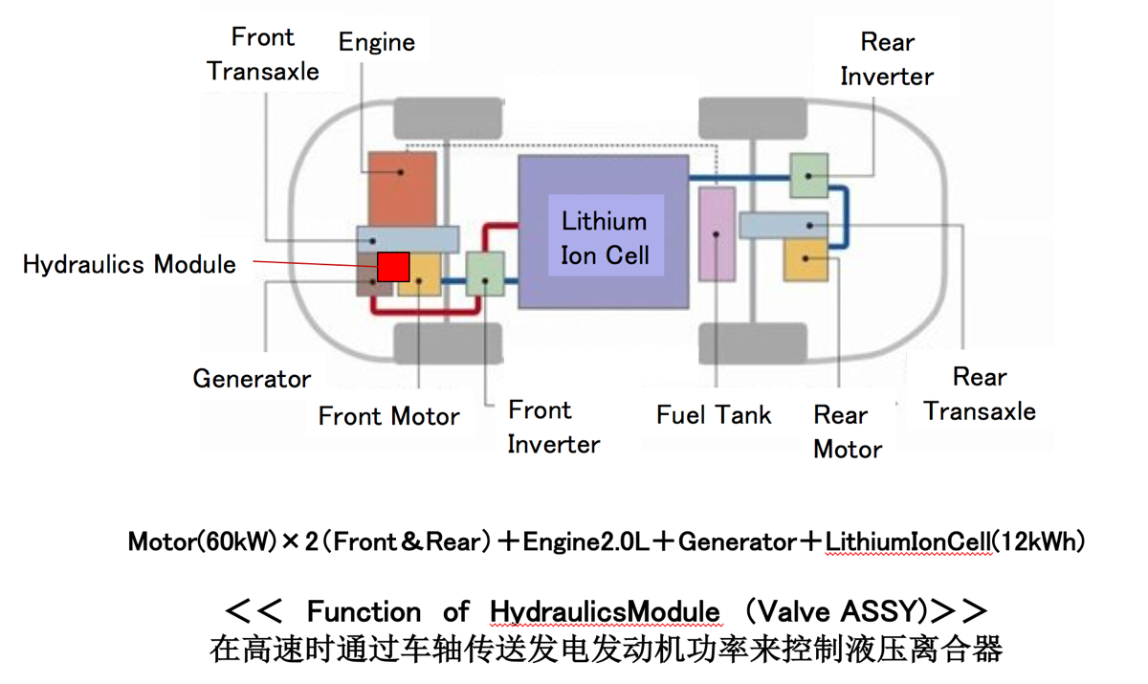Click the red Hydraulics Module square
tap(393, 267)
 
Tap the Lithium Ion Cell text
tap(604, 238)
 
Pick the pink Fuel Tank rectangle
tap(717, 233)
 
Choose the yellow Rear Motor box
tap(806, 260)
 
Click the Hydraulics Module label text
tap(129, 264)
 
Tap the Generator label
tap(252, 379)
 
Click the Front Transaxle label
tap(263, 55)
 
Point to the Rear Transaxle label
tap(980, 394)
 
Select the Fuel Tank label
tap(714, 415)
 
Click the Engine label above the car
tap(377, 42)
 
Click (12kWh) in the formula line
tap(1040, 542)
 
